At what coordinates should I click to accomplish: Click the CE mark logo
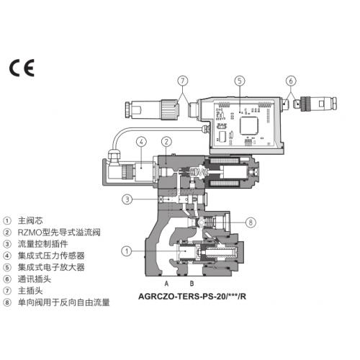pos(22,68)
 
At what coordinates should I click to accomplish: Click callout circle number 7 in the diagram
pos(183,81)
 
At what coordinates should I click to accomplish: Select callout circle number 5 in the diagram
pos(240,81)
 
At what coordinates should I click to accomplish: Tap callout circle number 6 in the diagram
pos(291,81)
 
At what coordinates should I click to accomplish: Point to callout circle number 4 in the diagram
pos(141,142)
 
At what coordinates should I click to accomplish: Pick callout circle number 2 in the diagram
pos(166,142)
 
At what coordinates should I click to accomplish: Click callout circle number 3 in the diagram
pos(127,199)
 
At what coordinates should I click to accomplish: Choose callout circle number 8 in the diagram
pos(251,222)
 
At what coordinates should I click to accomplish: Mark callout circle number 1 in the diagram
pos(127,251)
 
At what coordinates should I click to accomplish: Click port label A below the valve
pos(166,284)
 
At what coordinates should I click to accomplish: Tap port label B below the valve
pos(192,284)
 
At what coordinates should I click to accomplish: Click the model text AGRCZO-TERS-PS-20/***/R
pos(192,297)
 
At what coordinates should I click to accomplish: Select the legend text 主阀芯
pos(30,220)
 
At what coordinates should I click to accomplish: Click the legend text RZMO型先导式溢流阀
pos(59,233)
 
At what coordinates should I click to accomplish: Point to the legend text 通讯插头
pos(35,279)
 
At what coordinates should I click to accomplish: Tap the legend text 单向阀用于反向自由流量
pos(64,302)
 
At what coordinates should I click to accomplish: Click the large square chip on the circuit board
pos(249,125)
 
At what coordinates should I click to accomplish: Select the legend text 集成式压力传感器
pos(51,256)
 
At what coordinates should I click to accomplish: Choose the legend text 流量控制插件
pos(43,244)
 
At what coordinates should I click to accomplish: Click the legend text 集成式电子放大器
pos(51,267)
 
